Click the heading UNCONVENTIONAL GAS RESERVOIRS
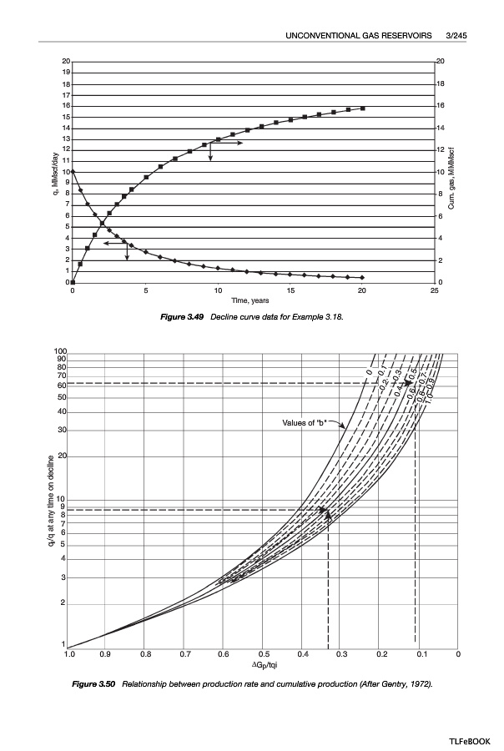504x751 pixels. click(358, 37)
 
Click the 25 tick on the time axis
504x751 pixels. click(434, 290)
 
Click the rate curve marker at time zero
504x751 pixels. click(73, 171)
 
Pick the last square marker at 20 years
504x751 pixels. click(362, 108)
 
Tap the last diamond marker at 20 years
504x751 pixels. click(362, 277)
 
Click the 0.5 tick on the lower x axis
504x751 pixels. click(264, 654)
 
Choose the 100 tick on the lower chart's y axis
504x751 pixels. click(59, 351)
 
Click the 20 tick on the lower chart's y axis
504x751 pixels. click(61, 457)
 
